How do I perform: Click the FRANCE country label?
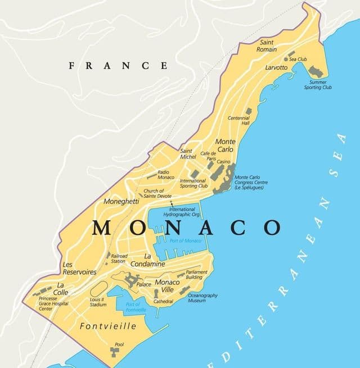pos(118,66)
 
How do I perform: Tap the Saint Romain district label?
pos(267,46)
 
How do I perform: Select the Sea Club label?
pos(298,59)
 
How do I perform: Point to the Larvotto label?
pos(276,67)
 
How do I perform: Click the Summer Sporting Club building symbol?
pos(315,71)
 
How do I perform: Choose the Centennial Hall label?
pos(238,121)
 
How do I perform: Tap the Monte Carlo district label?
pos(226,146)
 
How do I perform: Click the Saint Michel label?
pos(188,153)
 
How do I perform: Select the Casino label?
pos(223,162)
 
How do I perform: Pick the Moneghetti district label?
pos(121,201)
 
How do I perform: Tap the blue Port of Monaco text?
pos(185,240)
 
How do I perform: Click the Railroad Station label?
pos(118,258)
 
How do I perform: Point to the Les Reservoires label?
pos(79,268)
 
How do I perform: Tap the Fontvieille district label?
pos(107,326)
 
